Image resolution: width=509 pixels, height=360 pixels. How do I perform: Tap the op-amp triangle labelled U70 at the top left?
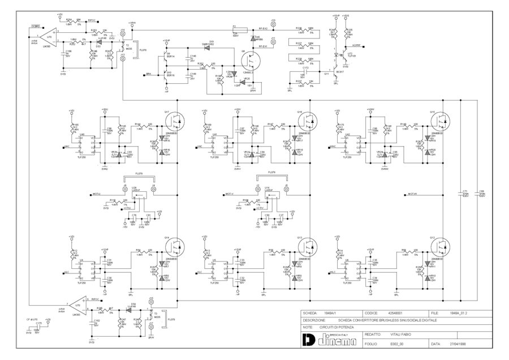(51, 36)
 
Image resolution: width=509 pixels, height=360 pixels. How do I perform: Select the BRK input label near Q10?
(148, 74)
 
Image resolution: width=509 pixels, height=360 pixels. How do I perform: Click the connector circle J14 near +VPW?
(123, 35)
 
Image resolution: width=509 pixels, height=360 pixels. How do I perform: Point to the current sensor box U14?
(270, 195)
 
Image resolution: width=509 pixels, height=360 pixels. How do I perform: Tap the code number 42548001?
(395, 313)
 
